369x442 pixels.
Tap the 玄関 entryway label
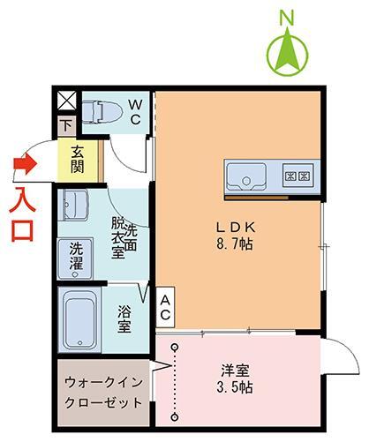click(x=79, y=158)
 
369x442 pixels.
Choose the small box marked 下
click(x=66, y=127)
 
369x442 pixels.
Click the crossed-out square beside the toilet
click(x=66, y=101)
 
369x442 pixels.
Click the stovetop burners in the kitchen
click(x=297, y=176)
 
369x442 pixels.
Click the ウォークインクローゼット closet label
click(x=103, y=393)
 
